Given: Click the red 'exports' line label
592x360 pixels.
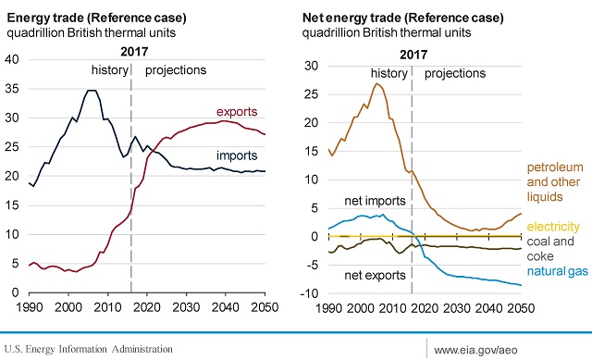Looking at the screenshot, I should click(238, 112).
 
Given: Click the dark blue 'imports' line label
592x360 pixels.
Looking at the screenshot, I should click(237, 155).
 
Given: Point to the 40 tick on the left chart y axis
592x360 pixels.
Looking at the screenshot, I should click(12, 59).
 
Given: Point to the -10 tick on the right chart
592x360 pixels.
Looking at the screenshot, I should click(311, 293).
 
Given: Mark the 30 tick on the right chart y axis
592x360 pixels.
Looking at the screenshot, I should click(313, 66).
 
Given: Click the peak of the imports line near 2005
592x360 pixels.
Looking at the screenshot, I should click(90, 91).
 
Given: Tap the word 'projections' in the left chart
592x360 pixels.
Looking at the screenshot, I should click(176, 70).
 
